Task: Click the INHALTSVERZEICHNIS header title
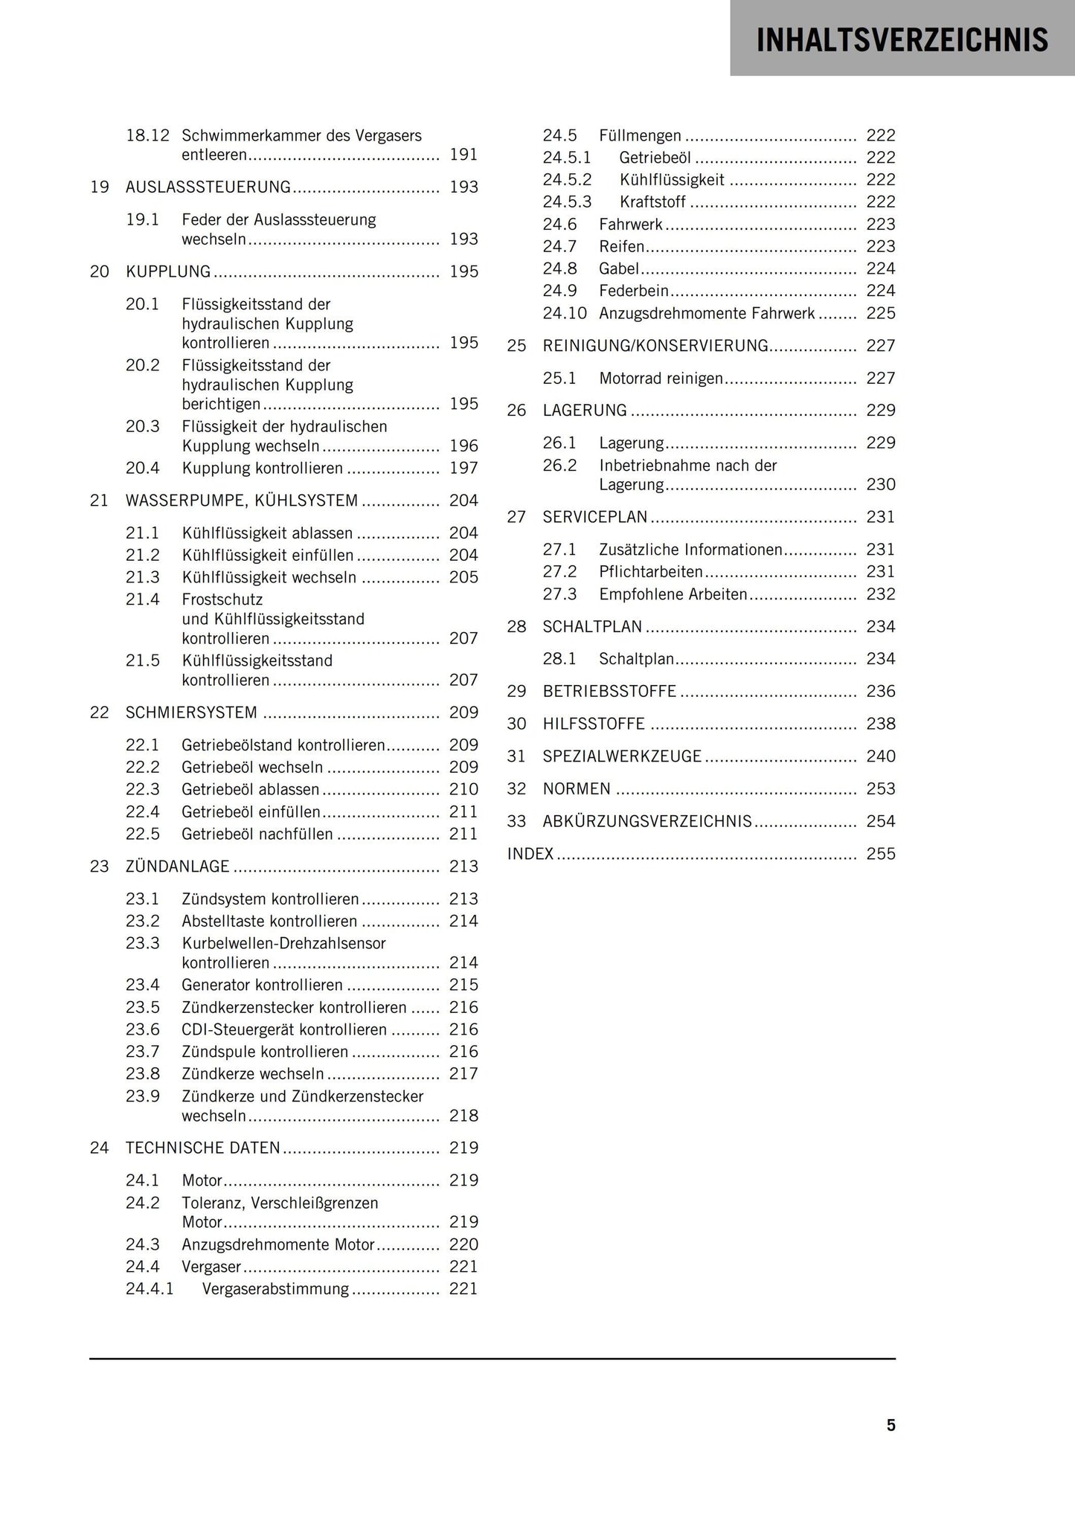[x=902, y=40]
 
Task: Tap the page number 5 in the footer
[x=891, y=1424]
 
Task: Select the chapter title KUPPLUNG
[x=168, y=271]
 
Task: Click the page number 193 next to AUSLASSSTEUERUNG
[x=463, y=187]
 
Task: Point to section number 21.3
[x=143, y=577]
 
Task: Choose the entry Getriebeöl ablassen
[x=251, y=789]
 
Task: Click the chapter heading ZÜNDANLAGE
[x=177, y=866]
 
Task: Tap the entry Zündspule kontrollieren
[x=265, y=1052]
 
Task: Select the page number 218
[x=463, y=1116]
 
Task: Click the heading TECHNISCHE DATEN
[x=202, y=1148]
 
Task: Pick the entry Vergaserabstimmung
[x=275, y=1289]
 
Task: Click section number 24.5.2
[x=567, y=180]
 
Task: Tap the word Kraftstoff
[x=652, y=202]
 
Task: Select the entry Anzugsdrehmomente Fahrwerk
[x=707, y=313]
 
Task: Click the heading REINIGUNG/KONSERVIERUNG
[x=655, y=346]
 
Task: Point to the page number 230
[x=881, y=485]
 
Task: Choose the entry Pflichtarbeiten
[x=651, y=572]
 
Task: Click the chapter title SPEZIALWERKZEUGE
[x=622, y=756]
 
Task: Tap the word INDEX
[x=530, y=854]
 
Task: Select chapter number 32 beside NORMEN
[x=516, y=789]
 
